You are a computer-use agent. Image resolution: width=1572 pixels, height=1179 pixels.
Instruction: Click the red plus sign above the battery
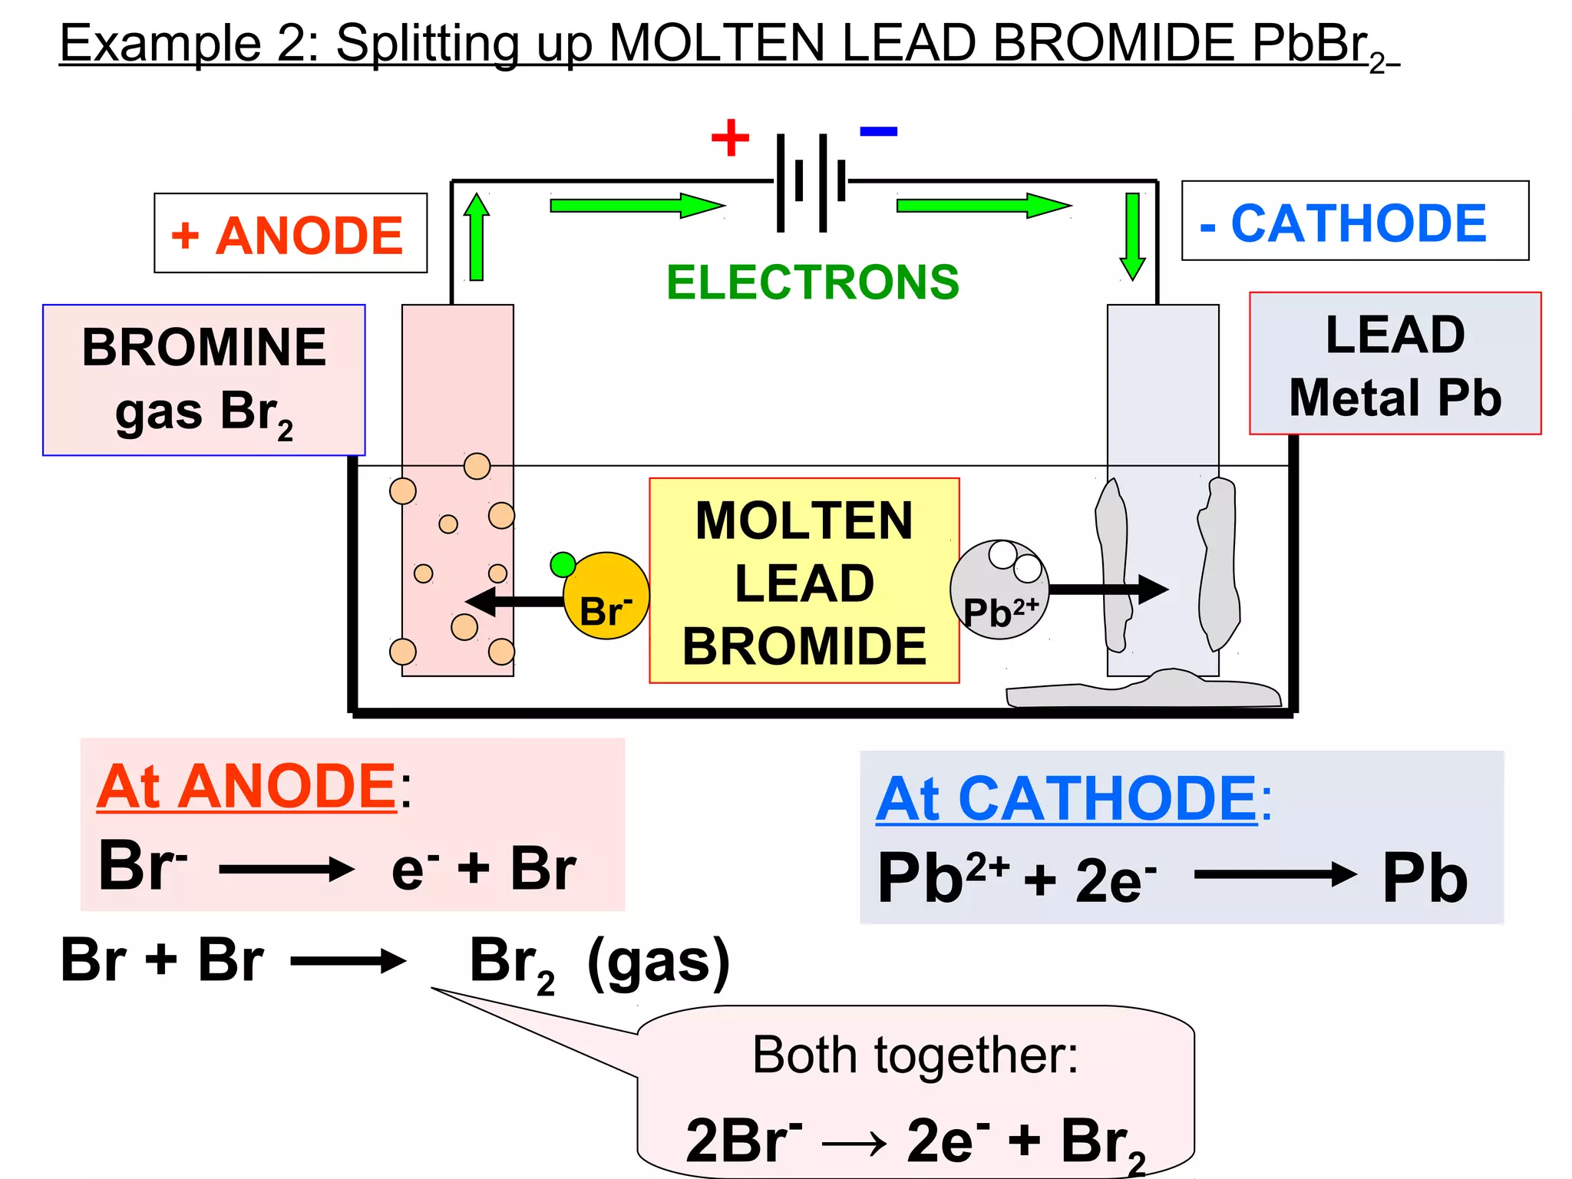click(730, 137)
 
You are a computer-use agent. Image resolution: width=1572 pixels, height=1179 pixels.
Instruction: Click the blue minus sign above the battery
click(878, 131)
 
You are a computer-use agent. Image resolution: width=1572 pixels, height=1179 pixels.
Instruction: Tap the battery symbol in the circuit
click(811, 182)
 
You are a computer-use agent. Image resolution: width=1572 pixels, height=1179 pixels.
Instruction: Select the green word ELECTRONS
click(812, 282)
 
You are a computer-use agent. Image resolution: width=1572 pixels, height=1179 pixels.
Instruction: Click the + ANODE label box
click(290, 233)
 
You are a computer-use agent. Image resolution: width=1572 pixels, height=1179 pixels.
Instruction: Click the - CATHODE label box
click(1354, 221)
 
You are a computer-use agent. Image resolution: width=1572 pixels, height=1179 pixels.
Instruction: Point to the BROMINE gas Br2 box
click(203, 380)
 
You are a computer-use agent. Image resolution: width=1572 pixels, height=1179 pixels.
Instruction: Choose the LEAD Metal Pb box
click(1395, 364)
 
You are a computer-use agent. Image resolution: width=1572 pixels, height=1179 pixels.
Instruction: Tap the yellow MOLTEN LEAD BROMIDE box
click(804, 581)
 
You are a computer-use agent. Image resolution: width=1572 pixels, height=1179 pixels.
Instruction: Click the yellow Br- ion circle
click(606, 597)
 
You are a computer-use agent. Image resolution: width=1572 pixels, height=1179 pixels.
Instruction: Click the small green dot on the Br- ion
click(563, 564)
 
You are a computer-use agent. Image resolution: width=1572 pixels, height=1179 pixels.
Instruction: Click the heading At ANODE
click(246, 786)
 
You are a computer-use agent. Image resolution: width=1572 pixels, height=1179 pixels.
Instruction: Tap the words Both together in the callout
click(915, 1055)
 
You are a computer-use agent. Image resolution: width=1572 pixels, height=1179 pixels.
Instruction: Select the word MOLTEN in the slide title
click(716, 43)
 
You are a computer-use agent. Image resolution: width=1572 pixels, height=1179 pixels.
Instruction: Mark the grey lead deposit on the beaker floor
click(1144, 690)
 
